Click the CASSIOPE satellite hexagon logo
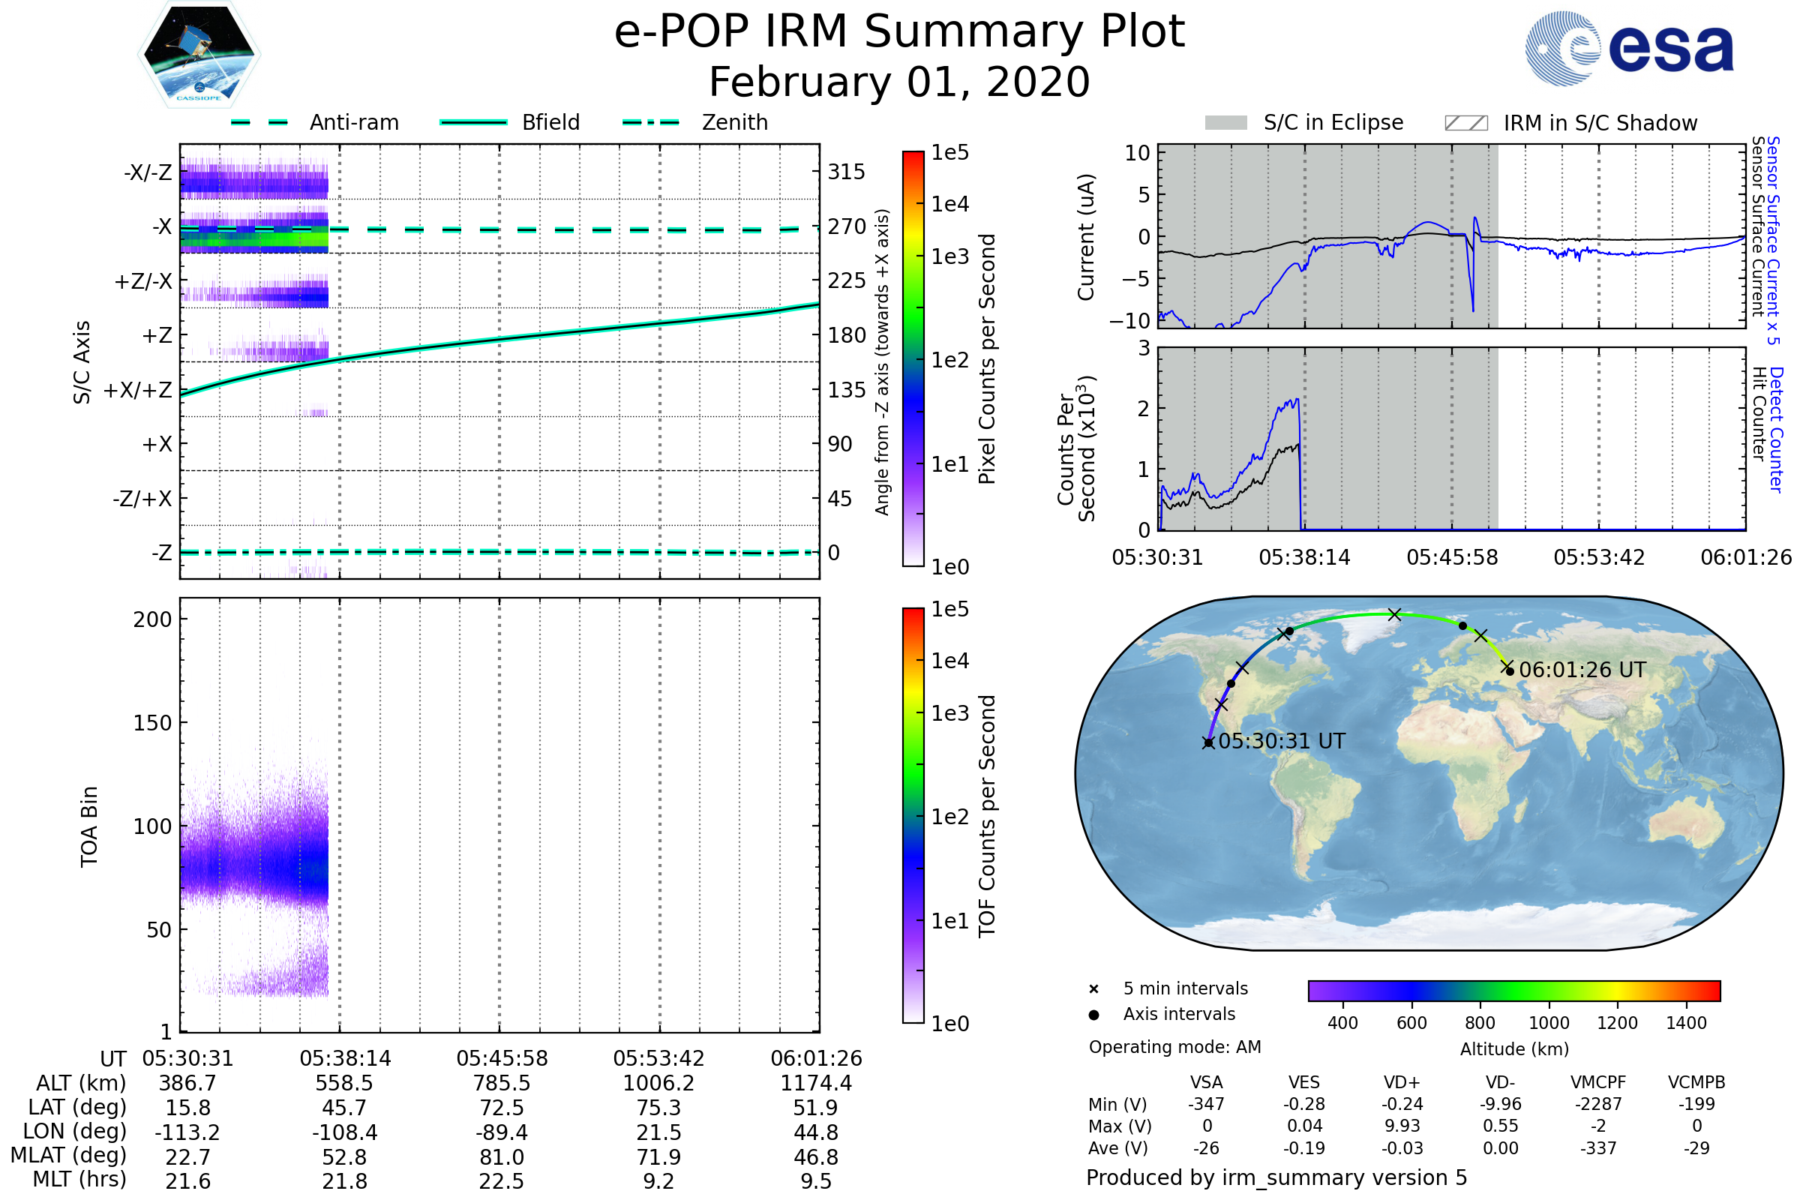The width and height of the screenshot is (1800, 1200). click(199, 54)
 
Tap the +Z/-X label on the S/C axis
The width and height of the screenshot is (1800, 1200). click(143, 282)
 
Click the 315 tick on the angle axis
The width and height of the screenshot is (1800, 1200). click(846, 172)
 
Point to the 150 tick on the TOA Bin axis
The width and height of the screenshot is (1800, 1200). click(152, 723)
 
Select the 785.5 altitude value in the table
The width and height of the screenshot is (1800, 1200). click(501, 1083)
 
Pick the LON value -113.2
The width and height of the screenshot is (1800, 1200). click(187, 1132)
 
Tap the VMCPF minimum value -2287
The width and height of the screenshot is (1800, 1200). click(1598, 1104)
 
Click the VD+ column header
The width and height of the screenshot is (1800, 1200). click(1402, 1082)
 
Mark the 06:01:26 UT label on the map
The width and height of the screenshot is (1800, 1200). click(1582, 670)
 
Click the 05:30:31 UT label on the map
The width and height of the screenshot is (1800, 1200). click(1281, 741)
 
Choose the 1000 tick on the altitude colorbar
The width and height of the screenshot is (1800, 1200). click(1548, 1023)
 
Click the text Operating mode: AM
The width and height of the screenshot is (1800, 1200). click(1174, 1047)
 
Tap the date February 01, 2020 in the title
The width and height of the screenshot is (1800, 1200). click(899, 82)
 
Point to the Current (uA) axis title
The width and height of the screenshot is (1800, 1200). click(1086, 237)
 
